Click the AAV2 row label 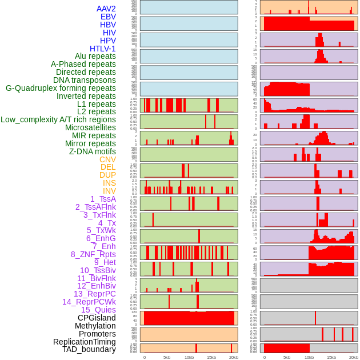[x=106, y=9]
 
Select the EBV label [x=107, y=17]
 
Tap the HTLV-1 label [x=102, y=49]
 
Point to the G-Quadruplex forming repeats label [x=61, y=88]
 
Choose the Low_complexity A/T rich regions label [x=58, y=119]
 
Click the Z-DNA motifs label [x=93, y=151]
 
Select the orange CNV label [x=107, y=159]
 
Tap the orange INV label [x=109, y=191]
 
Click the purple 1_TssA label [x=103, y=199]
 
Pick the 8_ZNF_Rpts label [x=93, y=254]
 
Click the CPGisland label [x=97, y=318]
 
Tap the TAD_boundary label [x=89, y=349]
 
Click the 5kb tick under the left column [x=167, y=357]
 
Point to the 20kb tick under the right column [x=354, y=357]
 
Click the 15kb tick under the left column [x=211, y=357]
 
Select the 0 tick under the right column [x=264, y=357]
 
